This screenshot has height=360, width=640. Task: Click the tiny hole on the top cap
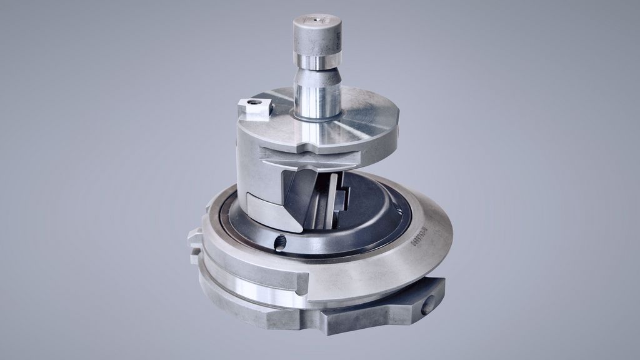[317, 21]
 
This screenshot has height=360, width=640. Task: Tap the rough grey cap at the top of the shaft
[317, 35]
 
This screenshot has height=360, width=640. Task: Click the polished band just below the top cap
[317, 61]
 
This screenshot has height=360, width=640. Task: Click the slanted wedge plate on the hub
[294, 197]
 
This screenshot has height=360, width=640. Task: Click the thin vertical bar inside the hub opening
[329, 200]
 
